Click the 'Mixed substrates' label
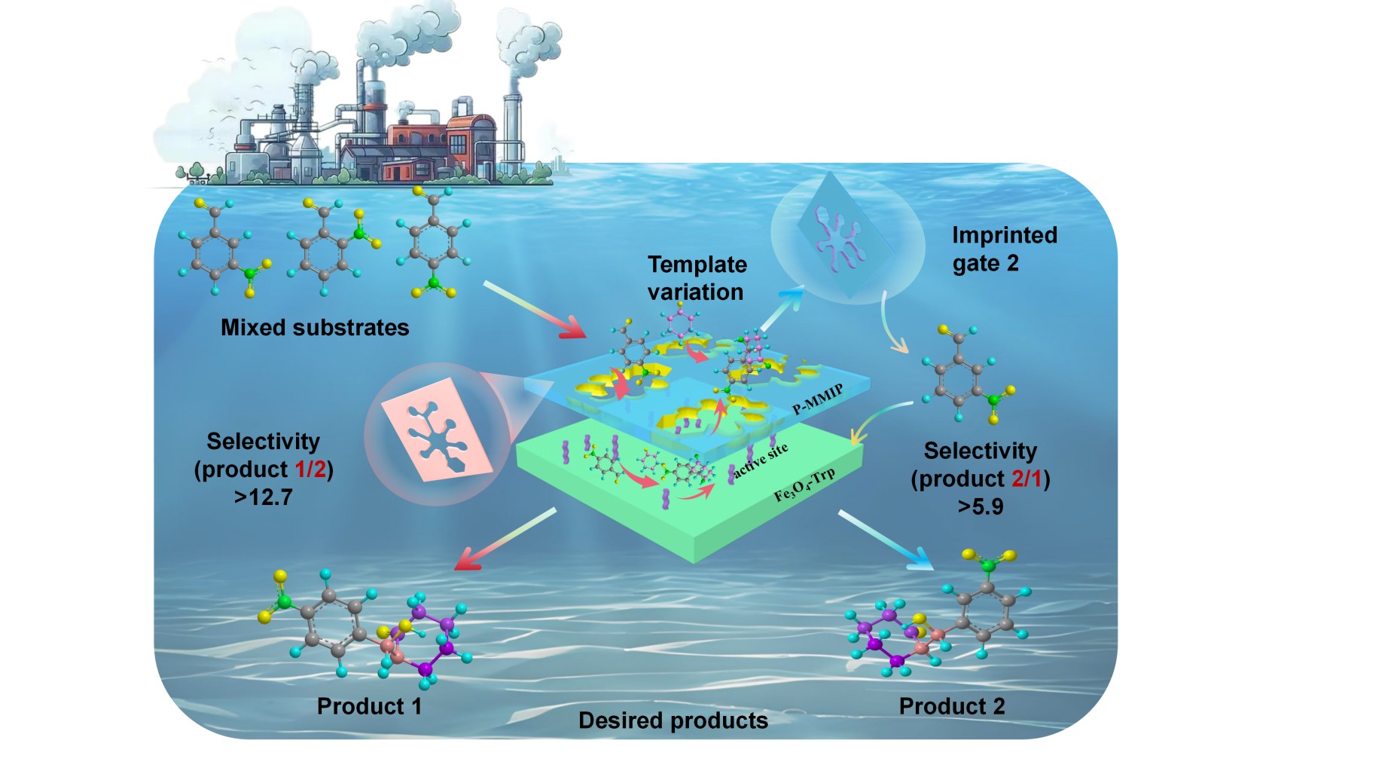tap(315, 328)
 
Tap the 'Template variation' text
tap(697, 278)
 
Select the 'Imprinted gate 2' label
tap(1004, 249)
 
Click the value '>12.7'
tap(263, 497)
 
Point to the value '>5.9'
tap(980, 506)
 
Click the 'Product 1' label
tap(369, 706)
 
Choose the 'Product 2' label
tap(951, 706)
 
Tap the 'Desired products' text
tap(673, 720)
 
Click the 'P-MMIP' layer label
tap(818, 399)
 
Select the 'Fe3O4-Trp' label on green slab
tap(804, 485)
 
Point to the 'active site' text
tap(761, 460)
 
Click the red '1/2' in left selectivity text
tap(310, 469)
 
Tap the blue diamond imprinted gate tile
tap(845, 235)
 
